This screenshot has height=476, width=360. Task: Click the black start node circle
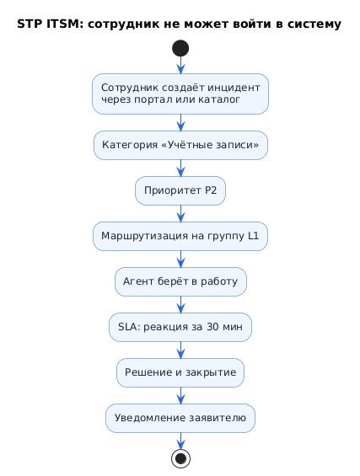click(x=180, y=48)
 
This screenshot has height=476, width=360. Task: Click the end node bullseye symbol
click(x=180, y=458)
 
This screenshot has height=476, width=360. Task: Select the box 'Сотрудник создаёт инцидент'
click(x=180, y=94)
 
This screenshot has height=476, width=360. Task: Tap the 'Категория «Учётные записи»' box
click(x=180, y=145)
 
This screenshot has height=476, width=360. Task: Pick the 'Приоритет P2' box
click(x=180, y=190)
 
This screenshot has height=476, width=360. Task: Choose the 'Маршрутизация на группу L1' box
click(x=180, y=236)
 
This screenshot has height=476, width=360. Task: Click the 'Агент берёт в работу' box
click(x=180, y=281)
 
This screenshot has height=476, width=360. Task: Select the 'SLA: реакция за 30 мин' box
click(x=180, y=327)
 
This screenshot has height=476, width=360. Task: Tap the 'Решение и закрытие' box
click(x=180, y=372)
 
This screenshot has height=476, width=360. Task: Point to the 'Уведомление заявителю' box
click(x=180, y=419)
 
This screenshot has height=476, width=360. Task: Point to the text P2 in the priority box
click(x=211, y=190)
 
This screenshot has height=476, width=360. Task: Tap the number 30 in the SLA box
click(x=212, y=327)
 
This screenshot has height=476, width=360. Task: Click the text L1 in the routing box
click(x=253, y=236)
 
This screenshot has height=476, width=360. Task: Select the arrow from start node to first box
click(x=180, y=65)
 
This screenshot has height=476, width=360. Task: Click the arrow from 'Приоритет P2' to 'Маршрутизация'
click(x=180, y=213)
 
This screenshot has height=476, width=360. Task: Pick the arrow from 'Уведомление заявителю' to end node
click(x=180, y=441)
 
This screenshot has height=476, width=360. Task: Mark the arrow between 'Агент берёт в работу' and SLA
click(x=180, y=304)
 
